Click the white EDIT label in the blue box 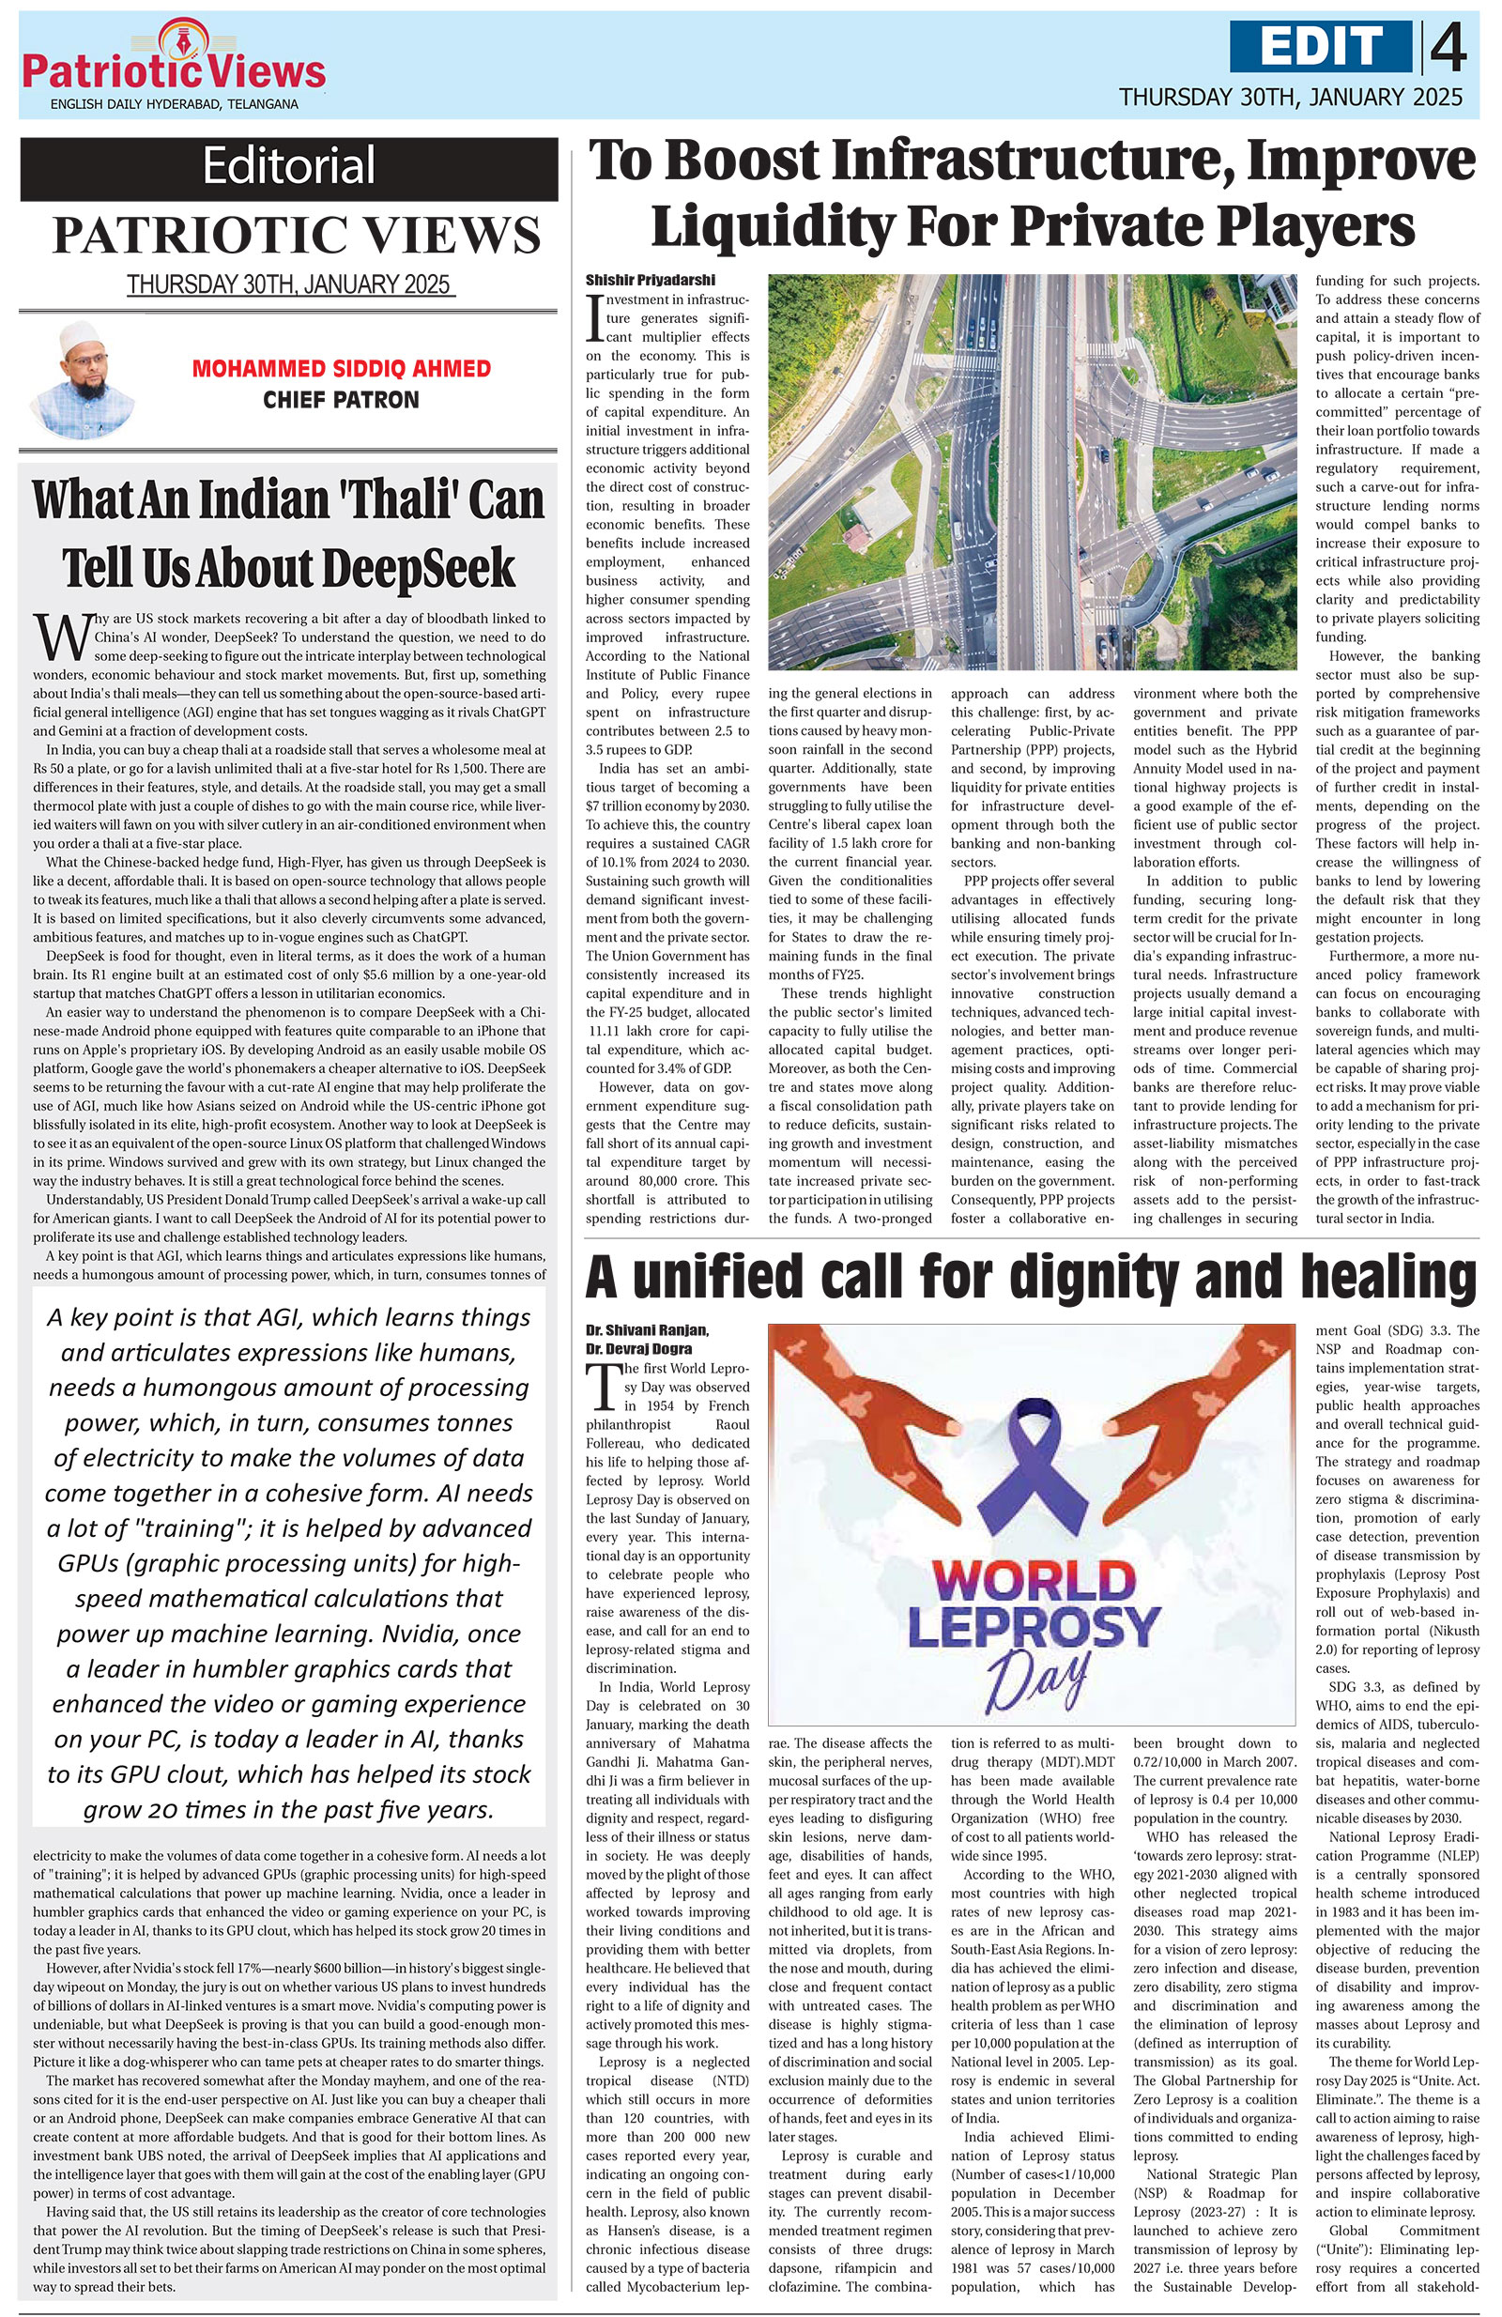pyautogui.click(x=1320, y=46)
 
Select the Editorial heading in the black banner pyautogui.click(x=288, y=166)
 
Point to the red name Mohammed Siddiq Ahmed pyautogui.click(x=341, y=370)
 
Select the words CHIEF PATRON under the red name pyautogui.click(x=341, y=400)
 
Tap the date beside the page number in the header pyautogui.click(x=1290, y=97)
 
